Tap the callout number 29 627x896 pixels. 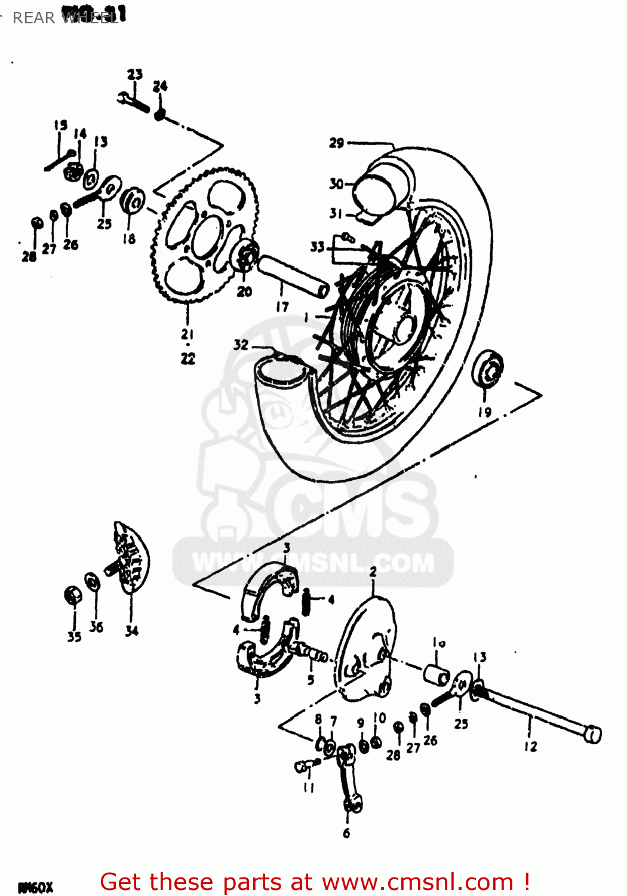(x=337, y=143)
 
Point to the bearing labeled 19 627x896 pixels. (x=487, y=370)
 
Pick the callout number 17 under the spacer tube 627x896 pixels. (x=282, y=306)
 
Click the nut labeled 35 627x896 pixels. (x=73, y=596)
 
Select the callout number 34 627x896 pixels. (x=131, y=631)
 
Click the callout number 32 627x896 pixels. (x=241, y=345)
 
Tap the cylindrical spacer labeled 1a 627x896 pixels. (x=437, y=673)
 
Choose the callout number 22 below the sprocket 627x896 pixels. (x=188, y=358)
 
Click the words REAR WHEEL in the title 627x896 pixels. (x=66, y=18)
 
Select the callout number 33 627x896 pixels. (x=317, y=247)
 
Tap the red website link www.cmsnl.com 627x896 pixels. (x=417, y=882)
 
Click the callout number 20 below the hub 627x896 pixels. (x=245, y=291)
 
